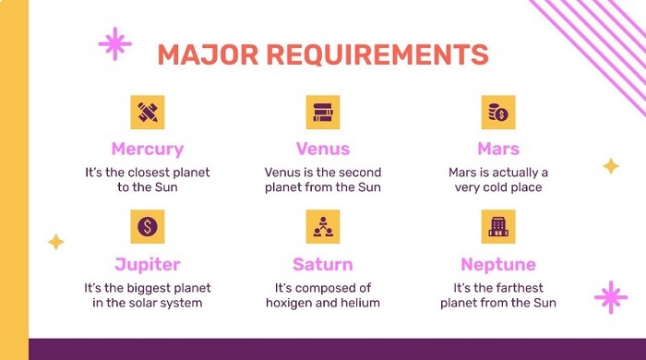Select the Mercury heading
coord(148,149)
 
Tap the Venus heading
coord(322,149)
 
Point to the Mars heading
coord(498,149)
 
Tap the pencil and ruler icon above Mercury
coord(148,112)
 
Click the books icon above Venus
coord(323,112)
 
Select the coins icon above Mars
coord(498,112)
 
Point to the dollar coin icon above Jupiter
coord(148,225)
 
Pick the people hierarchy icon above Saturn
coord(323,225)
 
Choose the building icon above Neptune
coord(498,225)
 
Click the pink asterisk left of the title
coord(114,42)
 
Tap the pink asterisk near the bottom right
coord(610,297)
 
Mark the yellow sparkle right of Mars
coord(610,166)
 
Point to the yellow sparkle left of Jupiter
coord(56,242)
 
